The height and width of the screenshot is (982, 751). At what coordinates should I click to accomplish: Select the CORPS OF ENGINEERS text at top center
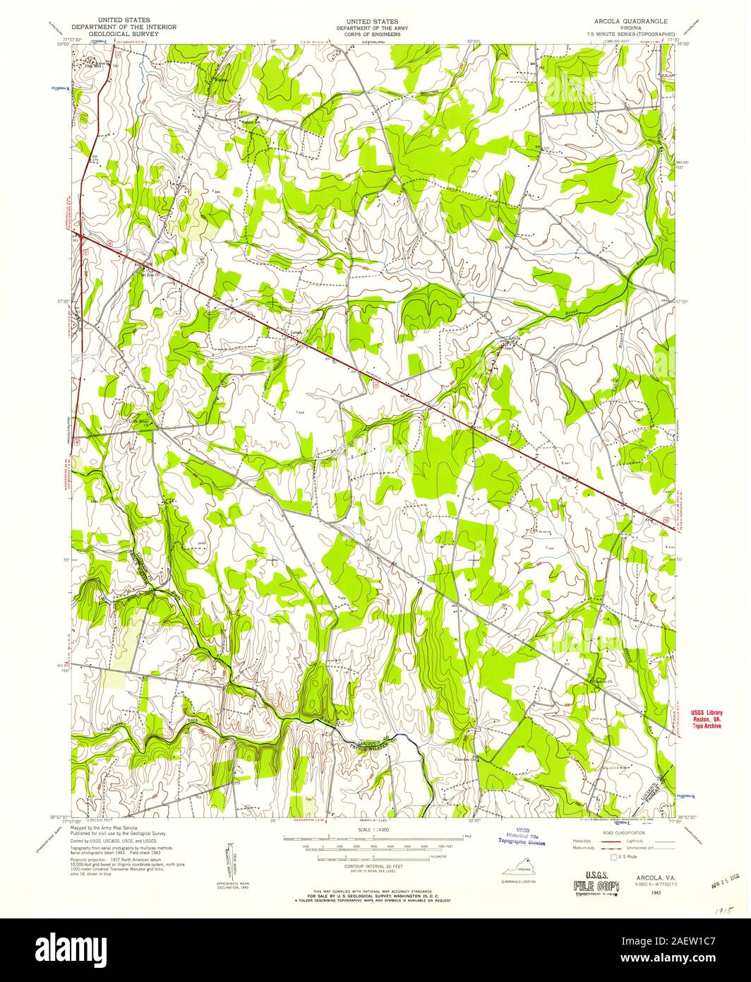coord(367,34)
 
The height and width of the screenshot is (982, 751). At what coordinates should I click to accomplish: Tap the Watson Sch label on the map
coord(251,122)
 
